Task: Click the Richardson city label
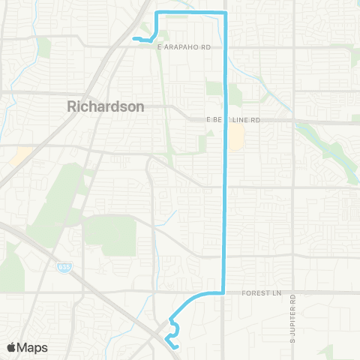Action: click(106, 106)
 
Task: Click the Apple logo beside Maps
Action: click(13, 347)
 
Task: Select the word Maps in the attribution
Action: click(34, 347)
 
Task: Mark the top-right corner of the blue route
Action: click(226, 13)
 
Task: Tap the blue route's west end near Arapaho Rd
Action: click(133, 38)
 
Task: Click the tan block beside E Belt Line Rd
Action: click(236, 136)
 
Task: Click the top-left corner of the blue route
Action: click(155, 13)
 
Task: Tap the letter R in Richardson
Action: click(72, 106)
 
